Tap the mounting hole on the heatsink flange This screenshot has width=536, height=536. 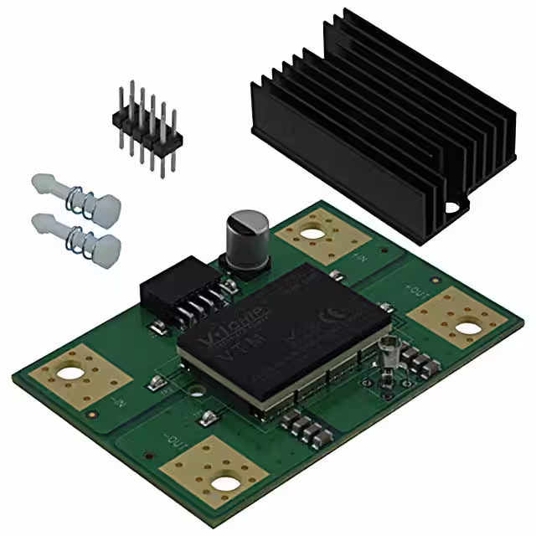[x=453, y=206]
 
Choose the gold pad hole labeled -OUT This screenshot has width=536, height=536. [x=224, y=481]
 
